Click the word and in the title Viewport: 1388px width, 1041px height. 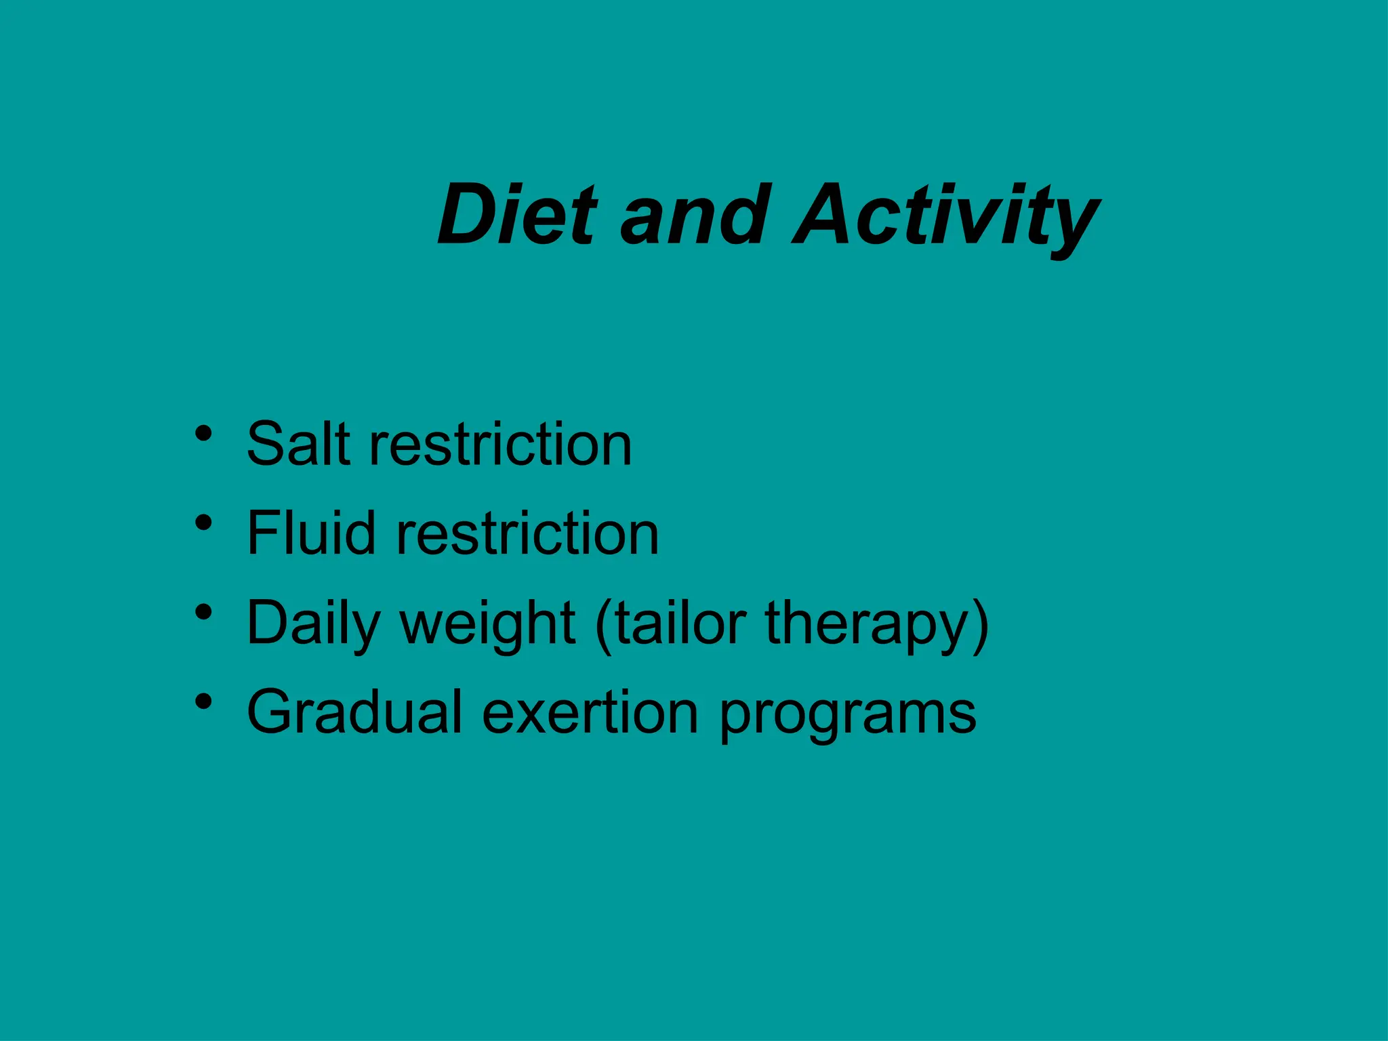pos(695,215)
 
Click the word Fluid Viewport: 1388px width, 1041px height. pos(310,533)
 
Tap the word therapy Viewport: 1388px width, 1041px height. pos(866,624)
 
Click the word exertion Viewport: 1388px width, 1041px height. pos(590,712)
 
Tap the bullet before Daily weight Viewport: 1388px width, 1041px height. pos(203,612)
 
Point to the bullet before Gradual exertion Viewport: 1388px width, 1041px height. pos(203,701)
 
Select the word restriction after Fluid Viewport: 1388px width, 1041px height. pos(527,533)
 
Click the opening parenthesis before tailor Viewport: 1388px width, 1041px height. pos(603,624)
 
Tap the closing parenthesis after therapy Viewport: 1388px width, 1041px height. pos(980,624)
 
